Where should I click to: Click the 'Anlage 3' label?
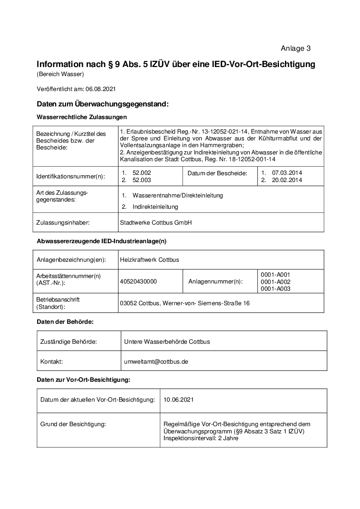coord(295,48)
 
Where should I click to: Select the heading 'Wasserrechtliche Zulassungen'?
coord(82,117)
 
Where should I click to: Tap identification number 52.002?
coord(142,173)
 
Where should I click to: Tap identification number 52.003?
coord(142,180)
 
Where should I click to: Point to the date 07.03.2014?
coord(287,173)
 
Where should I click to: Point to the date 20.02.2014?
coord(287,180)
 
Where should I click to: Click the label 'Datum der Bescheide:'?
coord(217,173)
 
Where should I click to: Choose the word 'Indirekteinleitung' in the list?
coord(155,206)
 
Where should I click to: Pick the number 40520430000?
coord(138,281)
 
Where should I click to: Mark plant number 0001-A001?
coord(275,274)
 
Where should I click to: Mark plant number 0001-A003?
coord(275,288)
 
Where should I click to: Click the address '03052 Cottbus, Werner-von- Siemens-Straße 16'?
coord(184,303)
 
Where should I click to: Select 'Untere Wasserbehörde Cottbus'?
coord(167,341)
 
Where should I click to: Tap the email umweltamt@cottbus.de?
coord(156,361)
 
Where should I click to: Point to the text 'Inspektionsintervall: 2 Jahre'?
coord(201,438)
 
